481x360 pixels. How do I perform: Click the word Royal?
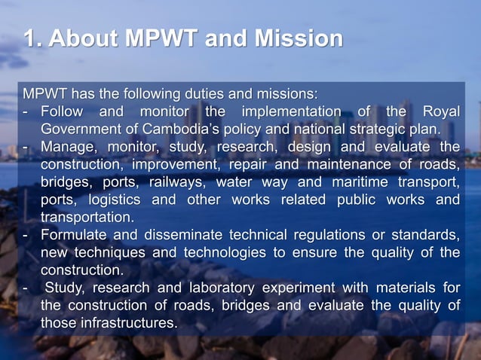point(441,112)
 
